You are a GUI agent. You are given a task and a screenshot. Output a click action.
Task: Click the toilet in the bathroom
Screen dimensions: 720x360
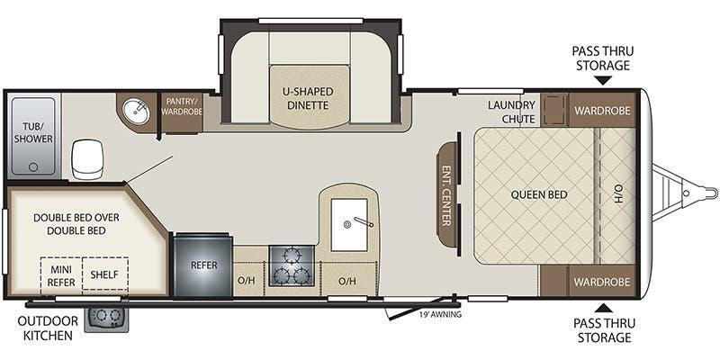pos(87,160)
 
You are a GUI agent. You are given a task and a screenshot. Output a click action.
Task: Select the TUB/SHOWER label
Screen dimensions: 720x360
pos(33,131)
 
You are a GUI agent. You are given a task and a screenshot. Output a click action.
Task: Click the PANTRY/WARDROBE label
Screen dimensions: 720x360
pos(182,106)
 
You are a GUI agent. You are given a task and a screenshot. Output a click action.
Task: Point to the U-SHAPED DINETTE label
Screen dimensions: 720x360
pos(308,98)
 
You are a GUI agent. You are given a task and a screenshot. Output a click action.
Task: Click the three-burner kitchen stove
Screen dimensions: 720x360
pos(292,265)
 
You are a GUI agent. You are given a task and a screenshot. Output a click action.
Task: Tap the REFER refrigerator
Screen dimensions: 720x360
pos(203,265)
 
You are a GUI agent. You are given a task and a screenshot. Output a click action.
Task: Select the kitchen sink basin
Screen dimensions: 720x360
pos(349,224)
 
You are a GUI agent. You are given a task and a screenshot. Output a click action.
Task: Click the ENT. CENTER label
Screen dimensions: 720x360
pos(445,195)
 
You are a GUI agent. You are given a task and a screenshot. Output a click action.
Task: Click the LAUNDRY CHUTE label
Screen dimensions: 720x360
pos(511,112)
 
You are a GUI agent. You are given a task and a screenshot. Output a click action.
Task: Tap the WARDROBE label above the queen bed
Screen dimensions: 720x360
pos(602,111)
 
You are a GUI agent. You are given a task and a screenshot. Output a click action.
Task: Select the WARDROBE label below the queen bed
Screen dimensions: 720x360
pos(602,281)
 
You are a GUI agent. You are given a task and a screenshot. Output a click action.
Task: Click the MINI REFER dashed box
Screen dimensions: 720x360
pos(61,275)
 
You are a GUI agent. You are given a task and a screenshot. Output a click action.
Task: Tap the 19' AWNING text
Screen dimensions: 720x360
pos(440,315)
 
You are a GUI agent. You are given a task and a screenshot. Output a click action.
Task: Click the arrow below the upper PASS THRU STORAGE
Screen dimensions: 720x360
pos(603,81)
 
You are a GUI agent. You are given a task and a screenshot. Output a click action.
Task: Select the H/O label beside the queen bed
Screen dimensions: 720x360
pos(618,194)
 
